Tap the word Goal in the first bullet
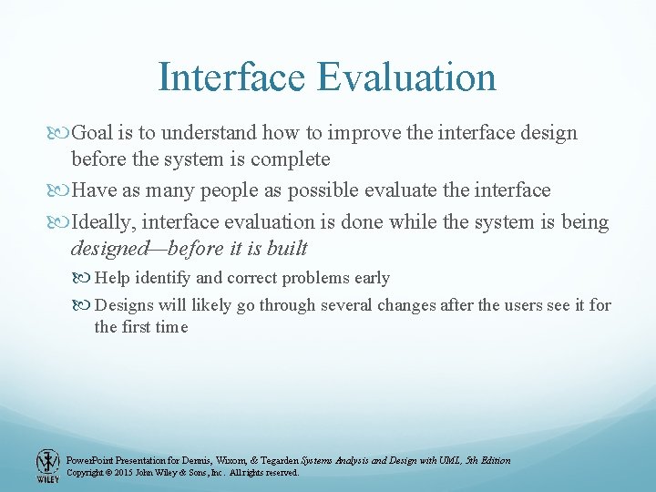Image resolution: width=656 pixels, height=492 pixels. [92, 133]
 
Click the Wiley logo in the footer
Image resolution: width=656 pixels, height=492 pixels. [47, 466]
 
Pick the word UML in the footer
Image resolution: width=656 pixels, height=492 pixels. [449, 460]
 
